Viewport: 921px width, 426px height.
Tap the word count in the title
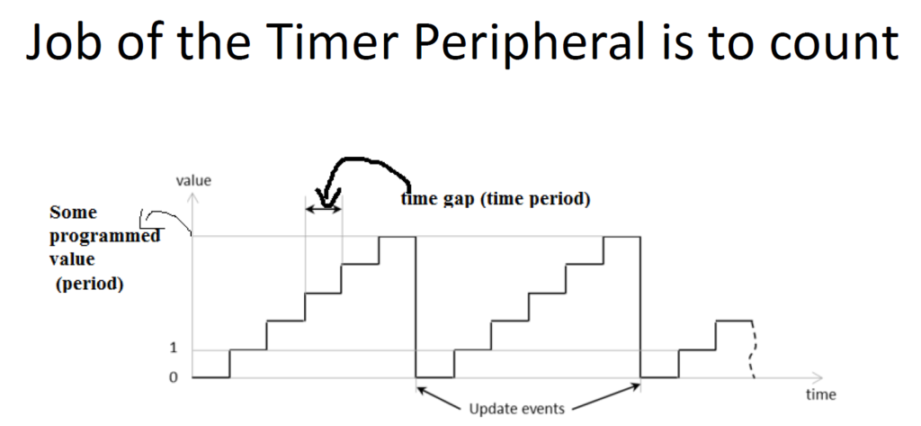[x=833, y=43]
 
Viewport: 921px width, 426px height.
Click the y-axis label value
[x=193, y=180]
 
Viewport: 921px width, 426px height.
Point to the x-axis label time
[x=820, y=394]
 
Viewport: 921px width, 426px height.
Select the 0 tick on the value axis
[x=173, y=376]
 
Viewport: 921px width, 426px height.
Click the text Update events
[x=517, y=408]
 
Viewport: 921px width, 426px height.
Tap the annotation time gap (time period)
[x=496, y=199]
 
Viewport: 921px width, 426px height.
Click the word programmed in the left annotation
[x=104, y=236]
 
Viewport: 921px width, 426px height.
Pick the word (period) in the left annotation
[x=89, y=284]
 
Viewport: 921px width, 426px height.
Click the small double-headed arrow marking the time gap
[x=324, y=210]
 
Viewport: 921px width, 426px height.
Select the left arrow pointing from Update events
[x=442, y=396]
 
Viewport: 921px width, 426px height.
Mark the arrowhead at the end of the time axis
[x=818, y=376]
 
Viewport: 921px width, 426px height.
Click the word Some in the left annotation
[x=74, y=212]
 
